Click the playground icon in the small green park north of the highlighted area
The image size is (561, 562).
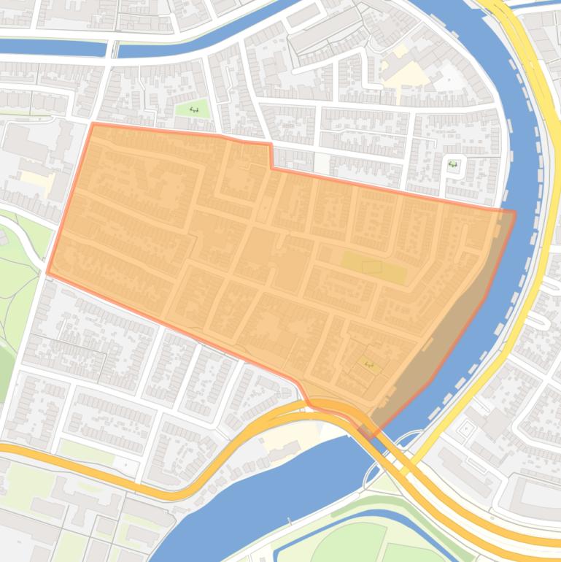click(x=194, y=109)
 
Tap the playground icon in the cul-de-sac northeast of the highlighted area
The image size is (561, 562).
click(x=453, y=164)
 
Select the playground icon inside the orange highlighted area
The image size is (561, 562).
click(x=368, y=364)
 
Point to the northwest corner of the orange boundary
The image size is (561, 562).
click(x=93, y=124)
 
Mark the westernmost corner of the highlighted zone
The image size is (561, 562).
click(x=48, y=273)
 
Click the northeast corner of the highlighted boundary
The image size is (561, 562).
click(x=514, y=212)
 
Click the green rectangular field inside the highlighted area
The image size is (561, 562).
click(x=373, y=268)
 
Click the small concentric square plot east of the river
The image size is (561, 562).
click(x=466, y=430)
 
